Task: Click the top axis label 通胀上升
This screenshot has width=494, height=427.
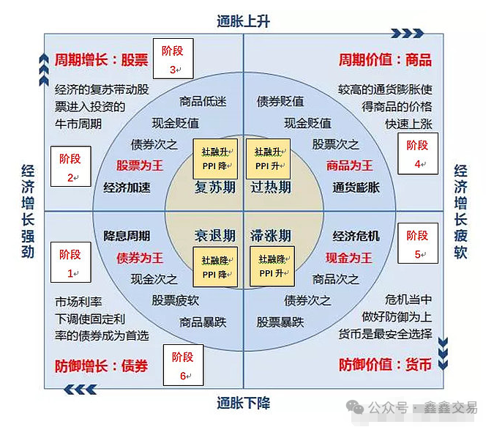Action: (243, 21)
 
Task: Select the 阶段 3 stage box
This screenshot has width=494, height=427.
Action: (173, 57)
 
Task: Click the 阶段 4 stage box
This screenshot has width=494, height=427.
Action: (418, 153)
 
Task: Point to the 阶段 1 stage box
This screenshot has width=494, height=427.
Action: (71, 263)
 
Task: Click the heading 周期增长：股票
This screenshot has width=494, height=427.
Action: (101, 59)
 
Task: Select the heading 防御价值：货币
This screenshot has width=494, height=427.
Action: (385, 364)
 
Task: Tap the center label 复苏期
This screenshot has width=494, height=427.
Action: (214, 187)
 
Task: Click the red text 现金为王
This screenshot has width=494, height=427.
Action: (348, 258)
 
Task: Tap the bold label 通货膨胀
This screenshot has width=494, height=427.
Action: (356, 187)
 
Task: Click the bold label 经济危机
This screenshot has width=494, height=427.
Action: (356, 236)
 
